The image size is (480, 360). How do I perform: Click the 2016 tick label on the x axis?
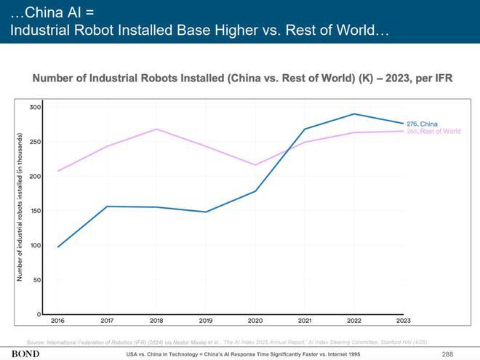(57, 321)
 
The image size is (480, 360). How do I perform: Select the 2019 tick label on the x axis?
(206, 321)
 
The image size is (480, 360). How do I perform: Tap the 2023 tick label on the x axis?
(404, 321)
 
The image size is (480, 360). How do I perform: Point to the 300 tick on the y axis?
(35, 107)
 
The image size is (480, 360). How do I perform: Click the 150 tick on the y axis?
(35, 211)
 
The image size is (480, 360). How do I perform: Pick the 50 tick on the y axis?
(36, 279)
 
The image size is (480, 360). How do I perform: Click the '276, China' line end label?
(422, 124)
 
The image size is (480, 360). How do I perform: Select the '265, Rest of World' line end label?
(433, 132)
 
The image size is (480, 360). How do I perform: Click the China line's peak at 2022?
(354, 114)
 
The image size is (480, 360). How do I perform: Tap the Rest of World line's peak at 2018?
(156, 129)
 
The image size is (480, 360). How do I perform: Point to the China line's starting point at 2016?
(57, 247)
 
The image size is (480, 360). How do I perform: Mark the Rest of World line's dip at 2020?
(255, 165)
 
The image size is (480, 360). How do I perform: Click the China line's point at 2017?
(107, 207)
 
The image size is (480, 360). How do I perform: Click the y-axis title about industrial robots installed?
(20, 207)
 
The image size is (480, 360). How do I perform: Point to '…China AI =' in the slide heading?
(51, 12)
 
